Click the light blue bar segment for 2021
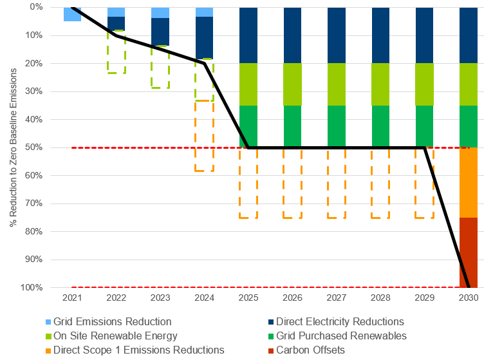coord(72,14)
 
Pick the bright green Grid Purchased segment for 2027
coord(337,126)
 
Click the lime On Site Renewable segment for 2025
coord(248,84)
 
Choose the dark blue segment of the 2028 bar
coord(380,35)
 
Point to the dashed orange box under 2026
coord(292,184)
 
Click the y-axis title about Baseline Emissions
coord(14,146)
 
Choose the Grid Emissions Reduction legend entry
coord(112,321)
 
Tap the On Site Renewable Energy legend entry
coord(115,336)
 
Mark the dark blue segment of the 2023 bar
coord(160,32)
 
